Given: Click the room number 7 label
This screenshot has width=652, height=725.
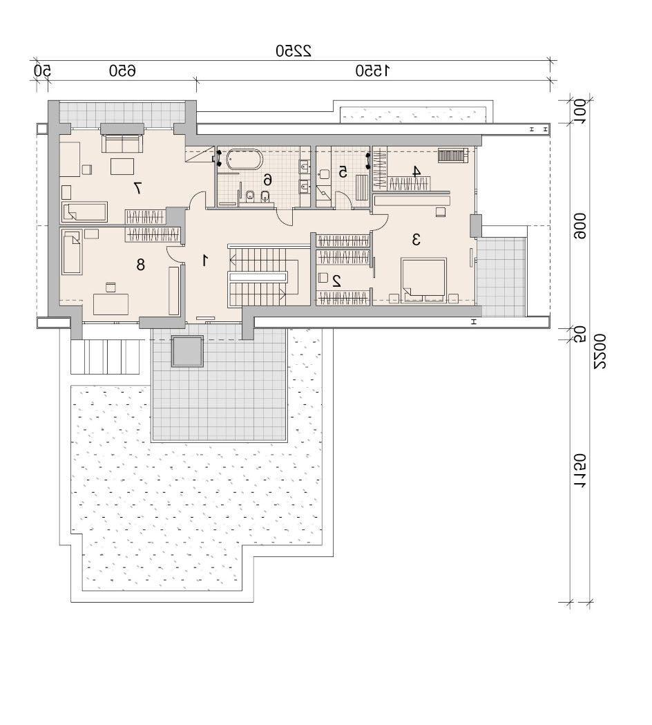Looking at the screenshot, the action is (x=137, y=188).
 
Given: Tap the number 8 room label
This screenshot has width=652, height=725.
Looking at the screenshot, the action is (x=140, y=265).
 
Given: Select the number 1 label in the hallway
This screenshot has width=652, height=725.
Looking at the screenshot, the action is (x=204, y=261).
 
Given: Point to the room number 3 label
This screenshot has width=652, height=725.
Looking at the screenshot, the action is (x=416, y=240).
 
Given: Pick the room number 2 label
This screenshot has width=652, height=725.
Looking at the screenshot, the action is (x=336, y=281).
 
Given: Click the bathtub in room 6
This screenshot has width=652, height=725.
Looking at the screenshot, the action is (x=244, y=160).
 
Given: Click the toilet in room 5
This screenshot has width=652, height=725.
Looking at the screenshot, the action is (x=324, y=173).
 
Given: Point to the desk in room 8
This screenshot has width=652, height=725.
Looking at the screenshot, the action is (x=111, y=304).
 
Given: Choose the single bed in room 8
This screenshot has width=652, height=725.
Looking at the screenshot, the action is (x=72, y=252).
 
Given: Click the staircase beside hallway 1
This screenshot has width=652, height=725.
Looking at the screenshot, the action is (x=263, y=276).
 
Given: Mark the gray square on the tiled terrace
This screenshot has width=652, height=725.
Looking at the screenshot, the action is (x=187, y=351).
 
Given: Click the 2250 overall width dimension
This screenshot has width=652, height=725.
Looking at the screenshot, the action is (x=294, y=50).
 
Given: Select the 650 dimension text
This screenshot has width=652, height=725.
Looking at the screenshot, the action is (x=122, y=70).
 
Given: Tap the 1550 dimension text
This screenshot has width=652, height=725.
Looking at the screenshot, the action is (x=372, y=70).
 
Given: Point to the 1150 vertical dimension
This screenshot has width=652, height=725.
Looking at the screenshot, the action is (x=579, y=471).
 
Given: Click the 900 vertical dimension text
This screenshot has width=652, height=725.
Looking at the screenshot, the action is (x=579, y=225).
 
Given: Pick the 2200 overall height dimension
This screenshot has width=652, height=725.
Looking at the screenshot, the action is (x=600, y=351).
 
